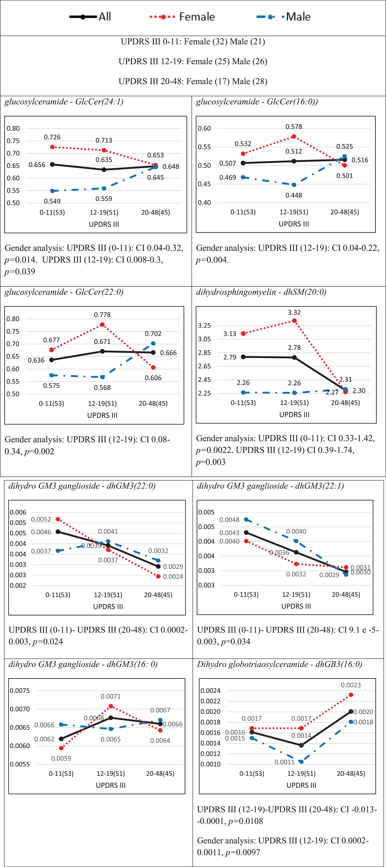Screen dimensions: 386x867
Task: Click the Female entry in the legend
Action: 182,16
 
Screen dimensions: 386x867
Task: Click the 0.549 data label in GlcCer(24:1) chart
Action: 52,201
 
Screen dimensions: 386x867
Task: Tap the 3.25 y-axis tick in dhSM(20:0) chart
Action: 205,326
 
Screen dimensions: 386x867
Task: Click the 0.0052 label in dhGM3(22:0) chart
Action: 41,519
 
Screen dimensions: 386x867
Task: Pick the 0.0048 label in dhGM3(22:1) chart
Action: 229,520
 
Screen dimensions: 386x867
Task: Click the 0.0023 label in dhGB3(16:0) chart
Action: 351,685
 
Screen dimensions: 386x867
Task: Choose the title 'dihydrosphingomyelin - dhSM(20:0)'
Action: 261,292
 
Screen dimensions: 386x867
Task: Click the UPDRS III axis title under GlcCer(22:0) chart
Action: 102,415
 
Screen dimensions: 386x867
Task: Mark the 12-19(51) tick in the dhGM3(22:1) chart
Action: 296,594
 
